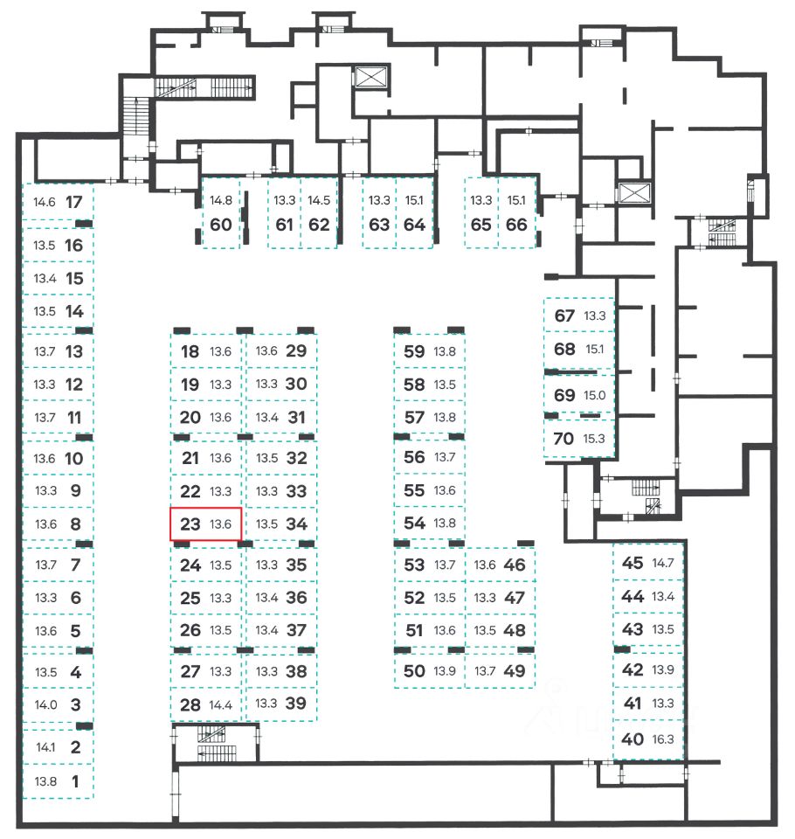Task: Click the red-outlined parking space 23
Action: coord(205,524)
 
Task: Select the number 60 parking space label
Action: coord(221,225)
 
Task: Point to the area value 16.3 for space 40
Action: coord(663,739)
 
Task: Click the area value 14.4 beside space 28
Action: coord(221,704)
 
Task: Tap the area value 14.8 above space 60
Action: coord(221,200)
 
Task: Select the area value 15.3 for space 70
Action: coord(594,439)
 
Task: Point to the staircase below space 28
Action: coord(211,734)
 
